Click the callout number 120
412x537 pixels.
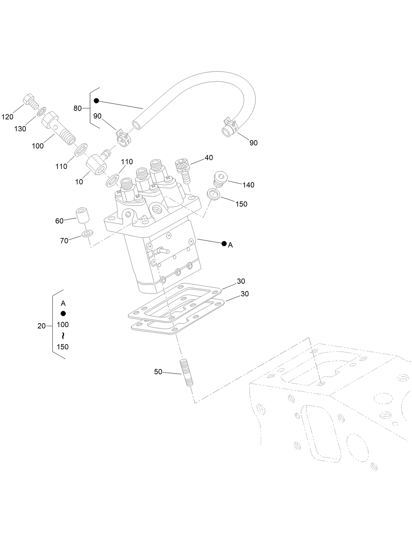coord(7,117)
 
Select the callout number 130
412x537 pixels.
coord(20,129)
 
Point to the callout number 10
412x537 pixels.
coord(79,182)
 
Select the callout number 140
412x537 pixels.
coord(248,185)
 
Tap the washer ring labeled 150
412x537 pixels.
coord(213,194)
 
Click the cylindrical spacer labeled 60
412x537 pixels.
coord(83,215)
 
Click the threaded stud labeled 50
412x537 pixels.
coord(186,373)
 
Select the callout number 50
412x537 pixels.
coord(158,372)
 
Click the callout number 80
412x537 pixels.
coord(77,108)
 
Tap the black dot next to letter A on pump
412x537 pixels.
coord(224,244)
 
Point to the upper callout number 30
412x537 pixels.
coord(241,281)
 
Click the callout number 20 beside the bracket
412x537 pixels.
coord(42,326)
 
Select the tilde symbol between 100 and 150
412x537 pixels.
coord(63,336)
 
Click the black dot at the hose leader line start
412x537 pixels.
coord(96,101)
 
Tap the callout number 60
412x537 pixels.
coord(59,221)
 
